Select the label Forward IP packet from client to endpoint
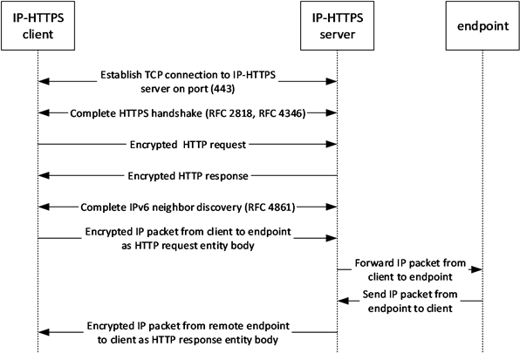(408, 268)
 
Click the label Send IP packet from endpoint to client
(408, 305)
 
